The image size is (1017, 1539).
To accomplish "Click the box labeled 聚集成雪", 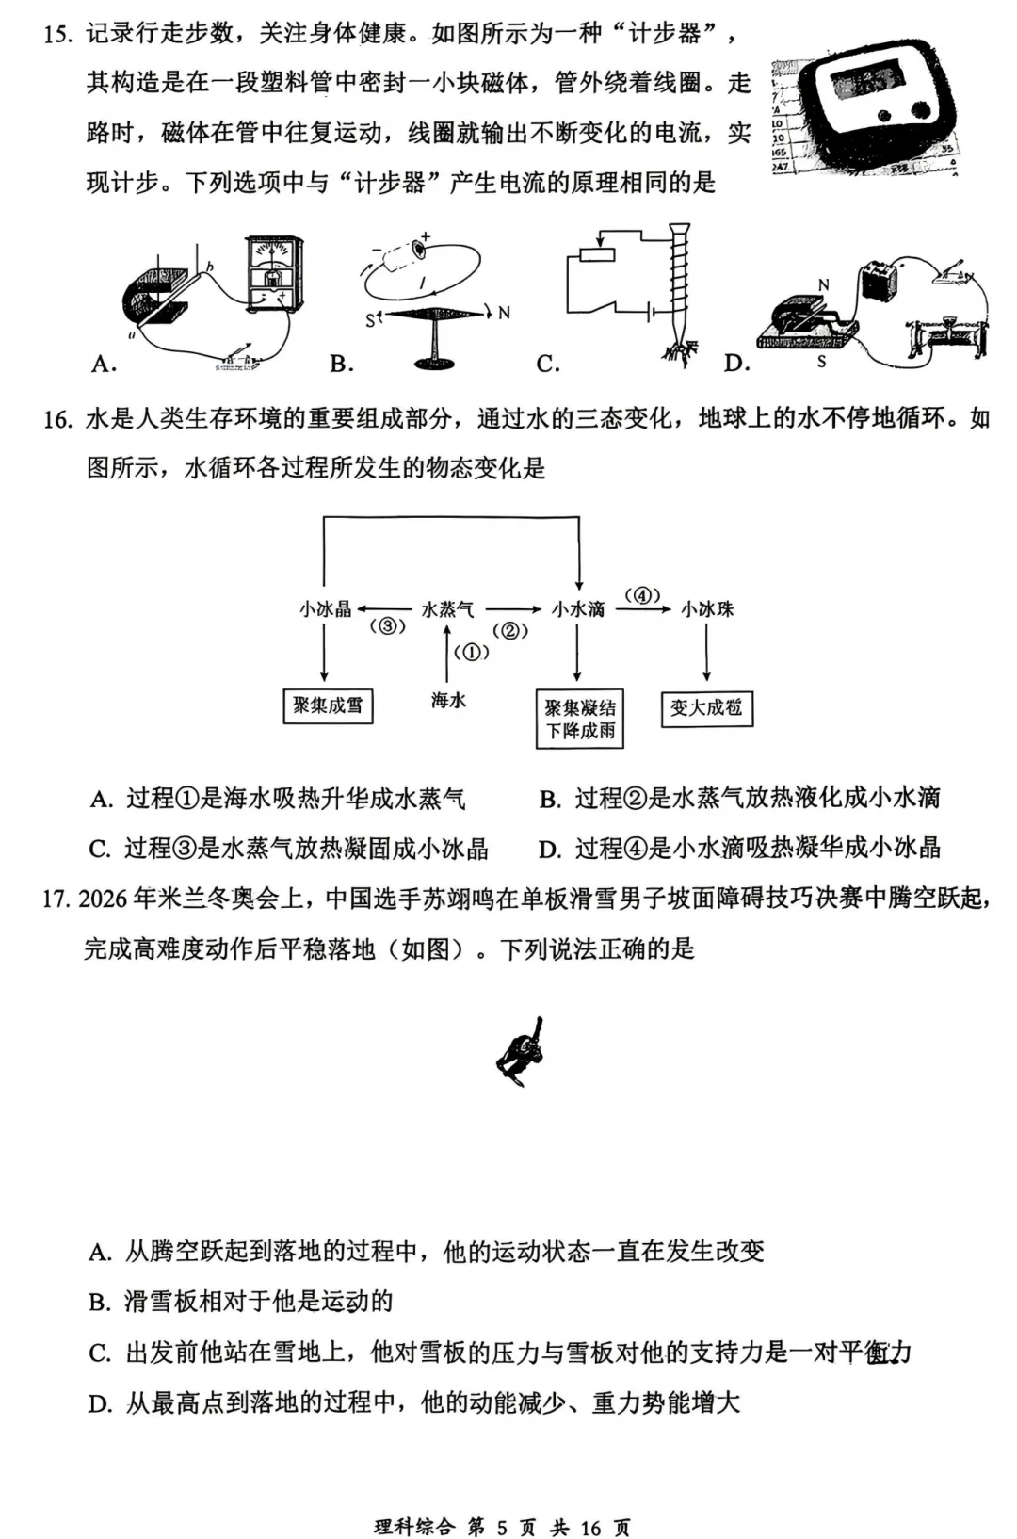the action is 328,705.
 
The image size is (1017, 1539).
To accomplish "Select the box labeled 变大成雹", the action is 706,707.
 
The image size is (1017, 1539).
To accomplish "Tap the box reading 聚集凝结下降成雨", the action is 580,720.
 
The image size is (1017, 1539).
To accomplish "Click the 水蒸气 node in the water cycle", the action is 447,609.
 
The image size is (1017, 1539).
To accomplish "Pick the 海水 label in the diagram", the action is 448,700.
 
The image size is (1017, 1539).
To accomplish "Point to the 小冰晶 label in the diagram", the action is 325,609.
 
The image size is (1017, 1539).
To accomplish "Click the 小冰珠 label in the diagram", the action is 707,609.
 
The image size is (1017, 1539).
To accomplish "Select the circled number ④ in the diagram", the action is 642,595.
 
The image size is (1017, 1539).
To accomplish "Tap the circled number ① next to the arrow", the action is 472,653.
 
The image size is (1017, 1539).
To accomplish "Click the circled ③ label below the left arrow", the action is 387,626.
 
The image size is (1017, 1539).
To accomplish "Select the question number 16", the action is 56,419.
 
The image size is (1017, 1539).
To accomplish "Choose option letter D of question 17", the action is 100,1404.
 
